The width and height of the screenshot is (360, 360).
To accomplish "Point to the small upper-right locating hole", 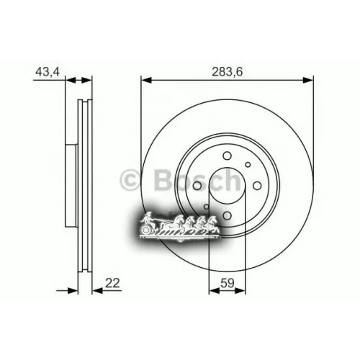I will click(248, 165).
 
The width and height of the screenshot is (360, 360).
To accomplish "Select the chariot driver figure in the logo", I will click(148, 217).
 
